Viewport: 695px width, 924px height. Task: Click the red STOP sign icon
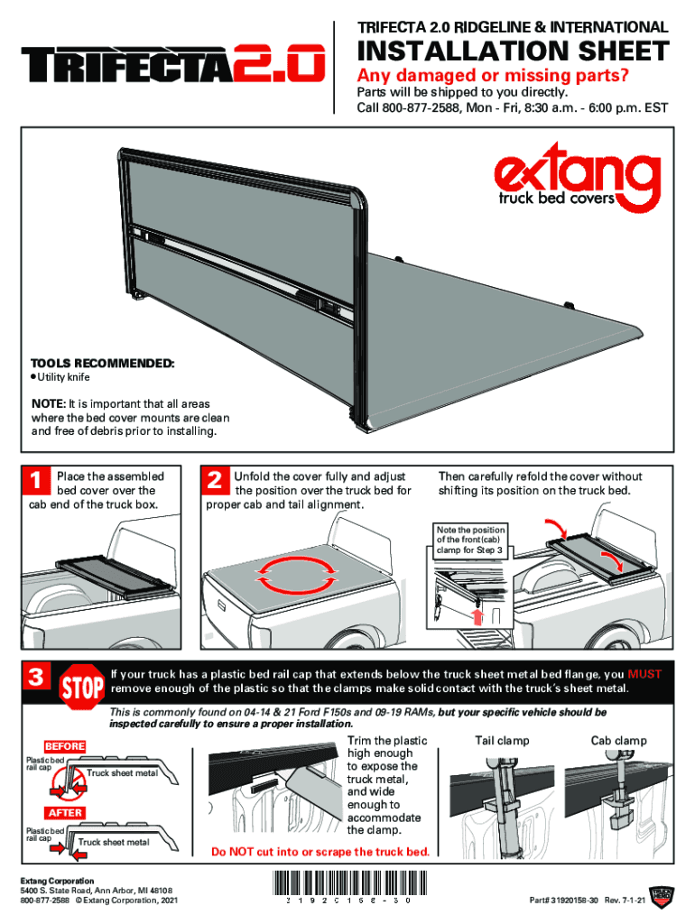tap(81, 687)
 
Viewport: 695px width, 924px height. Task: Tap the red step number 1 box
tap(36, 480)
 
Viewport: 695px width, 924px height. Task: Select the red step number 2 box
tap(215, 480)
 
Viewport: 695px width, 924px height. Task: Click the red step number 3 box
tap(36, 677)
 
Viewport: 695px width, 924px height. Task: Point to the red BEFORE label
tap(65, 746)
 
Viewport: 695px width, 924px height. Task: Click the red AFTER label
tap(65, 813)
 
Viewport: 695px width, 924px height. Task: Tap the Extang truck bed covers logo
tap(577, 178)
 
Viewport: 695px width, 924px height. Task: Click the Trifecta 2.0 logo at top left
tap(173, 63)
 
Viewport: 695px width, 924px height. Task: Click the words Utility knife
tap(64, 377)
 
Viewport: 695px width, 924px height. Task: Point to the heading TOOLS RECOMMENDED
tap(103, 364)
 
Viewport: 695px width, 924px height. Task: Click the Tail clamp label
tap(502, 741)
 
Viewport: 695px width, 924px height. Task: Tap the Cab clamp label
tap(619, 741)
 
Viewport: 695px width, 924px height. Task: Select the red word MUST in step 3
tap(644, 674)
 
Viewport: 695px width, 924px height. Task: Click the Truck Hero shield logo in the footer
tap(662, 896)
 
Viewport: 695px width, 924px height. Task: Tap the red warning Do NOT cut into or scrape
tap(320, 852)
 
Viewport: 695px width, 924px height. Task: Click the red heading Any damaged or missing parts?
tap(493, 76)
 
